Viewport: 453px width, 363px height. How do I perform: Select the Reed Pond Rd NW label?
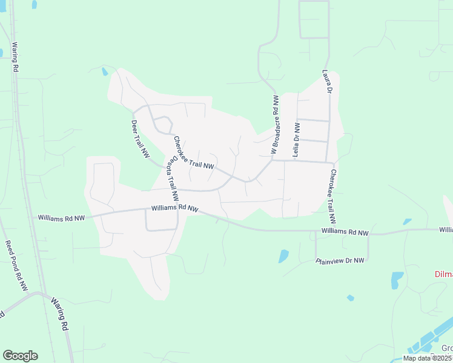click(16, 266)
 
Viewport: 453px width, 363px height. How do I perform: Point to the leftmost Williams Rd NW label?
click(61, 217)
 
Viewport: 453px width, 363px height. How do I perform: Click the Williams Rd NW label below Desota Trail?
click(175, 208)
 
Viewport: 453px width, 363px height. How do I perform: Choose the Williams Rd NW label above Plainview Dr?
click(345, 232)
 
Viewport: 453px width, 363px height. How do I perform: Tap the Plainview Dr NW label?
click(340, 261)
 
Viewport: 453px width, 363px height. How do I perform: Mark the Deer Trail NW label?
click(141, 139)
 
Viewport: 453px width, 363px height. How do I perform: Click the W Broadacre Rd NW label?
click(275, 124)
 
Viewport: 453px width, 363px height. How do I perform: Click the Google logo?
click(20, 356)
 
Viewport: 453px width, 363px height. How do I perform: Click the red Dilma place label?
click(444, 274)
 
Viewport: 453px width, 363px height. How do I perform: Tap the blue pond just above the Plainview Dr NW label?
click(283, 256)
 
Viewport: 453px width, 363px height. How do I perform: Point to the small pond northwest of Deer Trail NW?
click(105, 72)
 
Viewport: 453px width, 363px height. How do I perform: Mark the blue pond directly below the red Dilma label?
click(397, 280)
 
